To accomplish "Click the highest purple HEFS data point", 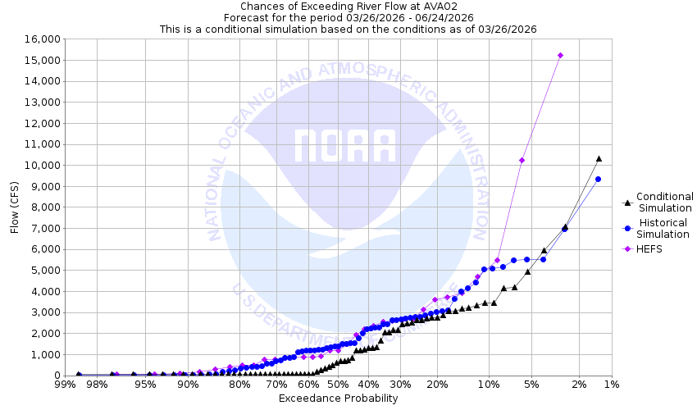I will click(x=560, y=56).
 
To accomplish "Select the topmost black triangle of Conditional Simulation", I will click(x=599, y=158).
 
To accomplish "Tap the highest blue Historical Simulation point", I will click(x=598, y=180).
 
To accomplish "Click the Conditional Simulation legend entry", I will click(x=664, y=202).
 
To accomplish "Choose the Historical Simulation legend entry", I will click(x=664, y=228).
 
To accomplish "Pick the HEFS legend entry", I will click(x=648, y=249).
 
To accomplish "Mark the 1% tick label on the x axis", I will click(x=610, y=385).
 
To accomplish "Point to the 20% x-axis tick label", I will click(x=437, y=385).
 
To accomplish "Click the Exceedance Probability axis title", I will click(x=338, y=399).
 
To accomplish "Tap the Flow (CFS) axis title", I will click(x=15, y=207).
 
